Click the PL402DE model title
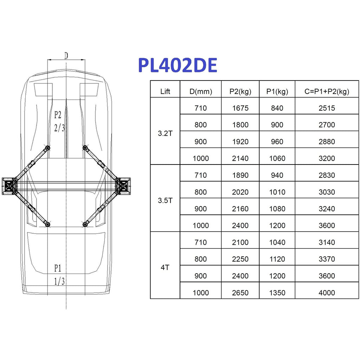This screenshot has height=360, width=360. (178, 65)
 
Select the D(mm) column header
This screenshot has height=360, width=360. (201, 92)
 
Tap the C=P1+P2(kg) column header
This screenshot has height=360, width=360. (327, 92)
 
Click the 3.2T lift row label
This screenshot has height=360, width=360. (165, 133)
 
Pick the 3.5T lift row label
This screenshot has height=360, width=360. (165, 200)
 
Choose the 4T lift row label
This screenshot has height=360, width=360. (165, 268)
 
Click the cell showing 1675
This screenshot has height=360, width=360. (240, 108)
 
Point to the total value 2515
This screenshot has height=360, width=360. (327, 108)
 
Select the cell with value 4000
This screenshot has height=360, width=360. (327, 293)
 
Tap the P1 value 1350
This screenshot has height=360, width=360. (277, 293)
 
